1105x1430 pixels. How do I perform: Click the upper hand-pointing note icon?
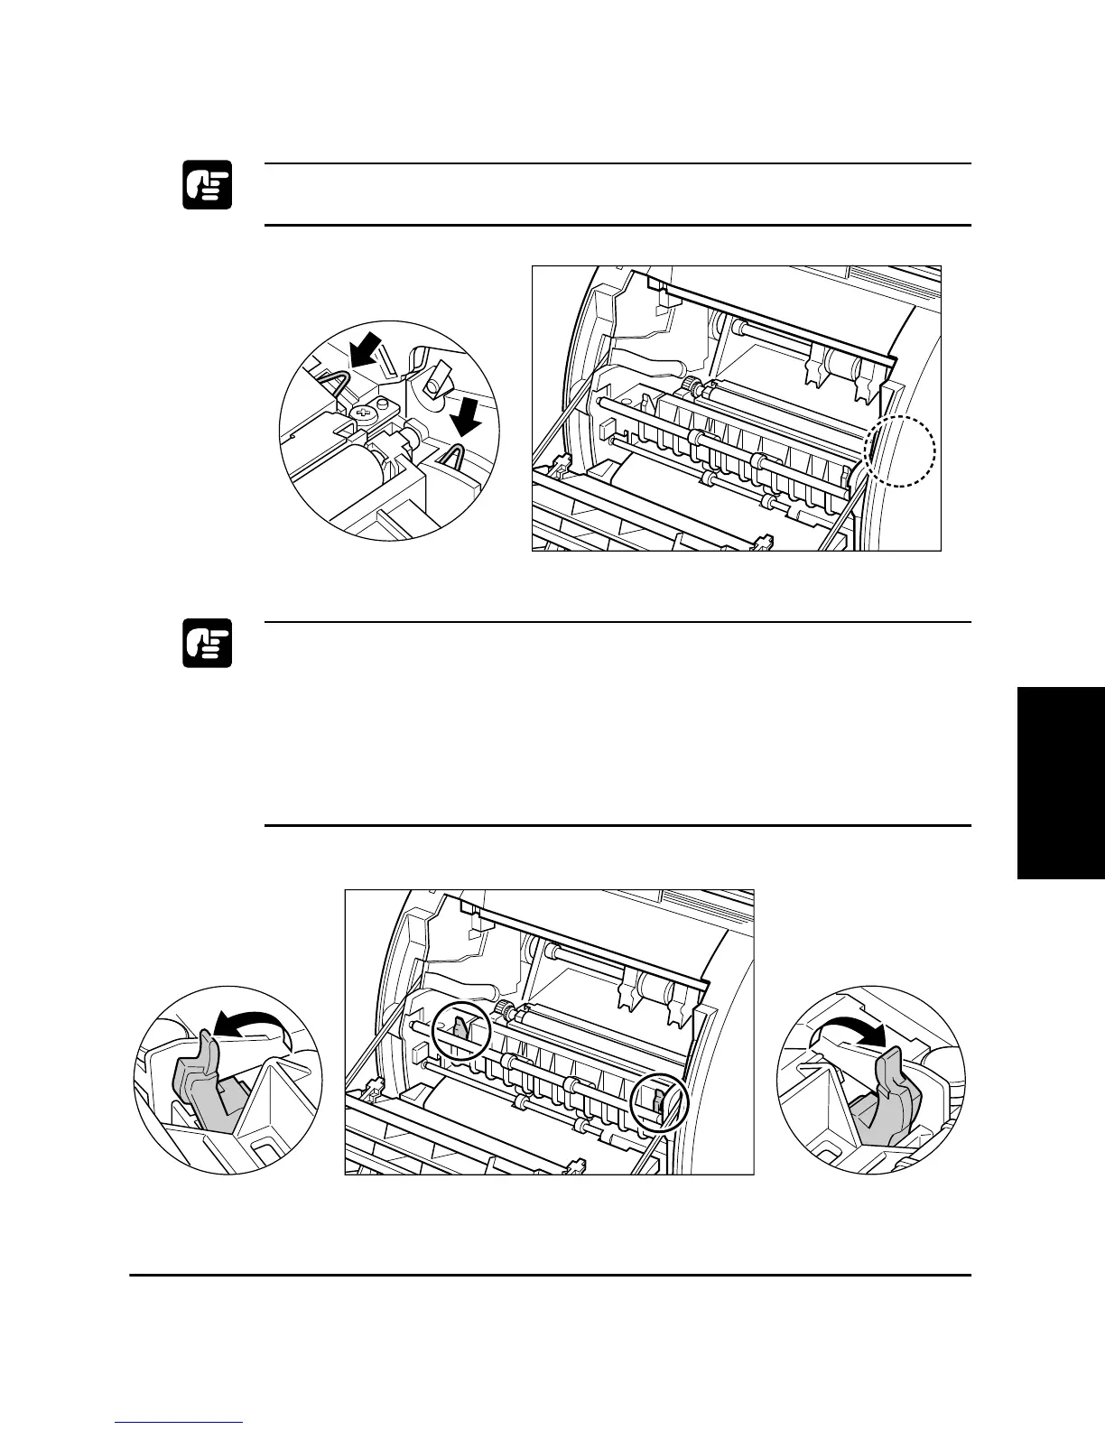pyautogui.click(x=208, y=185)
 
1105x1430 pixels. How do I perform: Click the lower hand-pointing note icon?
pyautogui.click(x=208, y=643)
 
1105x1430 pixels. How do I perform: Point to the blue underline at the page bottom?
pyautogui.click(x=180, y=1424)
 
